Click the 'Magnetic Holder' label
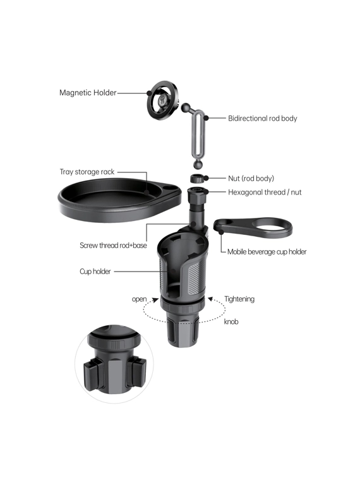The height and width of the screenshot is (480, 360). tap(88, 93)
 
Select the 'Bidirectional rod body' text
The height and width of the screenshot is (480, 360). tap(262, 119)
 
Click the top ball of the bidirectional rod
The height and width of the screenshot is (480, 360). tap(186, 107)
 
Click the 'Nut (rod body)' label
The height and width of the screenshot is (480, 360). tap(251, 179)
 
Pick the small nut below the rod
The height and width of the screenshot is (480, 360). tap(196, 178)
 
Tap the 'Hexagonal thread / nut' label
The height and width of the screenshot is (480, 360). tap(265, 192)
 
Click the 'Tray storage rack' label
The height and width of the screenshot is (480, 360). tap(87, 172)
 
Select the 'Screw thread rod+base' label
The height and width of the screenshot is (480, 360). tap(113, 246)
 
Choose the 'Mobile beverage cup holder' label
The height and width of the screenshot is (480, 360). tap(267, 252)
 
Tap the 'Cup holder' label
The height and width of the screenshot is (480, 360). tap(95, 272)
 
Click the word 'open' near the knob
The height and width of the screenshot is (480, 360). tap(140, 299)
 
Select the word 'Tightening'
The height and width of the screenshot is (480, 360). tap(239, 299)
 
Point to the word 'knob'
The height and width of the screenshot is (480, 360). tap(231, 321)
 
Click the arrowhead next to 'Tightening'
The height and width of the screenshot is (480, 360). tap(210, 299)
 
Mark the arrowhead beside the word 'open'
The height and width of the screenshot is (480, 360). tap(155, 300)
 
